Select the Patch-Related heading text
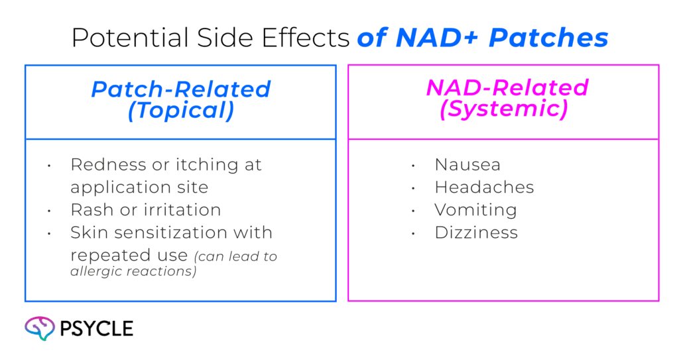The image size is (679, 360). pos(180,90)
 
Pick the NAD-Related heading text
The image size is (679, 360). pos(507,88)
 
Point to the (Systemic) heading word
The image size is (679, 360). pos(503,109)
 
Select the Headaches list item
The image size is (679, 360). pos(484,188)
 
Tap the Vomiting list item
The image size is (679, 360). pos(475,210)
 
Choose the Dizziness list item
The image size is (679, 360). pos(476,233)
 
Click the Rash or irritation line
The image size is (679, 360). pos(145,210)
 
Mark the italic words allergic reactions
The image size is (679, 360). pos(133,272)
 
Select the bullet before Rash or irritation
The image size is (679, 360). pos(49,211)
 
